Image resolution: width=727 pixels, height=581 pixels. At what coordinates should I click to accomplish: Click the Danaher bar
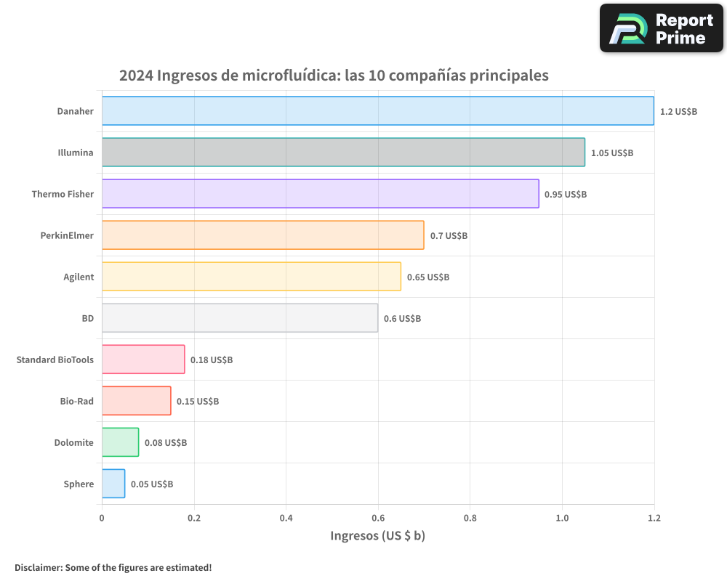(x=377, y=111)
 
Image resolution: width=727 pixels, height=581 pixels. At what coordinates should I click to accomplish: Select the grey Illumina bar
(x=343, y=153)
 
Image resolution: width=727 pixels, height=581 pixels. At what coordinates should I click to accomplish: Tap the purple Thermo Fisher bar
(x=320, y=194)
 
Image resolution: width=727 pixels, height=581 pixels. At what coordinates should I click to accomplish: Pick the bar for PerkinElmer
(x=262, y=235)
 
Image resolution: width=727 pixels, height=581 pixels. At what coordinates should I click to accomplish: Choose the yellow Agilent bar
(x=251, y=277)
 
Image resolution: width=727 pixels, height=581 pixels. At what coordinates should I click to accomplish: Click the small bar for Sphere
(x=113, y=484)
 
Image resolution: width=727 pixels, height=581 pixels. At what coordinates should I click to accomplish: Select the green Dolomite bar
(x=120, y=442)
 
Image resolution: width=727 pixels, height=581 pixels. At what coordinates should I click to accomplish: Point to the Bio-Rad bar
(x=136, y=401)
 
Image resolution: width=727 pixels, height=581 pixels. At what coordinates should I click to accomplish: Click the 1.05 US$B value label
(x=611, y=153)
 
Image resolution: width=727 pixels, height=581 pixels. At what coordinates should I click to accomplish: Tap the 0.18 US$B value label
(x=212, y=359)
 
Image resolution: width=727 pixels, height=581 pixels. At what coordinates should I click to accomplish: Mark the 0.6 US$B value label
(x=402, y=319)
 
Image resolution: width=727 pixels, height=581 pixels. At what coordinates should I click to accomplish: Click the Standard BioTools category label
(x=55, y=359)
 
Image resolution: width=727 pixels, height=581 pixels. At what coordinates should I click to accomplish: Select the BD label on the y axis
(x=87, y=318)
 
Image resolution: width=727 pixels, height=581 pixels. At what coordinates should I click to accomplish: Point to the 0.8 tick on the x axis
(x=470, y=518)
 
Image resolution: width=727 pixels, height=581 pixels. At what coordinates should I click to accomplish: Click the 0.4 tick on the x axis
(x=286, y=518)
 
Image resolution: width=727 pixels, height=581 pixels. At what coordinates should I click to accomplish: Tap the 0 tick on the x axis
(x=102, y=518)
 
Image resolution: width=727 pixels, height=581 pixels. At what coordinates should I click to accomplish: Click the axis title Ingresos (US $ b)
(x=377, y=536)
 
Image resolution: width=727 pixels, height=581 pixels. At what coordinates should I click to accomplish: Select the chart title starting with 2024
(x=334, y=76)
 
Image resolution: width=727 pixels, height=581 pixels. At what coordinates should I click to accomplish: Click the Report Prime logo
(x=661, y=28)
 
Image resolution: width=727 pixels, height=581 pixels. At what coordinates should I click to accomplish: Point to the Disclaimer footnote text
(x=113, y=567)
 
